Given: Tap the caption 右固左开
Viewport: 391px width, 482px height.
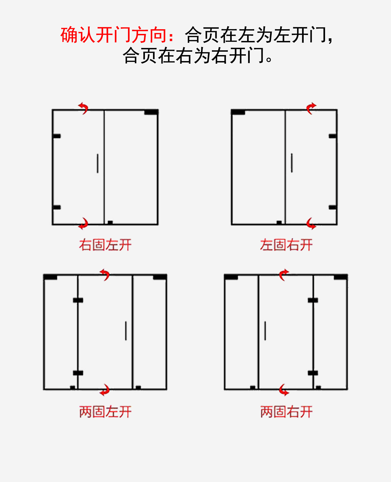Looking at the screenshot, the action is click(x=105, y=245).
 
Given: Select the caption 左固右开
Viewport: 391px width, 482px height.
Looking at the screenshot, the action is click(x=286, y=245).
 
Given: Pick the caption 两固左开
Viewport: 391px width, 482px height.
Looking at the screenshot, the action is click(x=105, y=412).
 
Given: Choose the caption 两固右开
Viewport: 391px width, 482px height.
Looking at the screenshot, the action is click(x=286, y=412).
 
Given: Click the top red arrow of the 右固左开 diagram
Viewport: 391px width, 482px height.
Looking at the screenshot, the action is click(x=83, y=108).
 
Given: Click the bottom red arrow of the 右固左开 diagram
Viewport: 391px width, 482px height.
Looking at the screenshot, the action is click(x=83, y=223).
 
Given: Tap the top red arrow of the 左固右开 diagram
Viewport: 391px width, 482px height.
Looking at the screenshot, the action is click(x=311, y=108).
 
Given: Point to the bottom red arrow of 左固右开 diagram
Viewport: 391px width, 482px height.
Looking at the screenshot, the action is click(x=311, y=223).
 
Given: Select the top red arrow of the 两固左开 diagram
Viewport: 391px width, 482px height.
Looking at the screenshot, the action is click(x=105, y=275).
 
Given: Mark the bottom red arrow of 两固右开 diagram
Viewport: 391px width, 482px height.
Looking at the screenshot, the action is click(x=284, y=390).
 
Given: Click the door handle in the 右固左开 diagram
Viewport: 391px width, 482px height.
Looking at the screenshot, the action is click(x=98, y=163).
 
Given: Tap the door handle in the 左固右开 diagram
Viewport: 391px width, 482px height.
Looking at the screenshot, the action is click(x=292, y=163).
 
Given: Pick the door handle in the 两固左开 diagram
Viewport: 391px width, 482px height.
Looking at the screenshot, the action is click(x=126, y=331).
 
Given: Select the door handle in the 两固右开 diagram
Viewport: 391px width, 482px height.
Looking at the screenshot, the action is click(x=265, y=331).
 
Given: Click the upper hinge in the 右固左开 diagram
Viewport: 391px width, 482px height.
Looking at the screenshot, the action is click(x=57, y=136).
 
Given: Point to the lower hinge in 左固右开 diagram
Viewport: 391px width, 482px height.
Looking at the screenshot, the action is click(x=333, y=207).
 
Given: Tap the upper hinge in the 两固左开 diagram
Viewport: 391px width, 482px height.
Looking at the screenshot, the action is click(x=78, y=300).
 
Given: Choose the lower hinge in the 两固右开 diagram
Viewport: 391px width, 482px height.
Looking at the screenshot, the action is click(x=313, y=373).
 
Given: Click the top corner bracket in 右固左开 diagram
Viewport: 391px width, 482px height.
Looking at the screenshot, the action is click(x=151, y=112).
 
